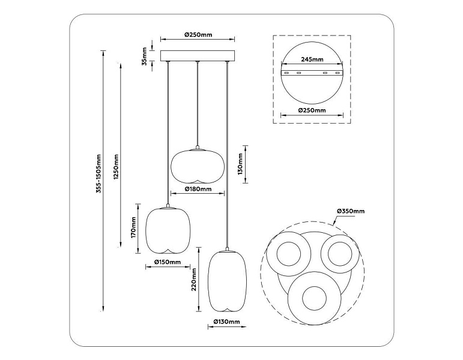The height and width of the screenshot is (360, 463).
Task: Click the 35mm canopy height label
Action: coord(144,56)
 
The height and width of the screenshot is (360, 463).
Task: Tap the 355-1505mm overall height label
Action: coord(98,174)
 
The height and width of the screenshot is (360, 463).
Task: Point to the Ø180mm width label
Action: coord(198,189)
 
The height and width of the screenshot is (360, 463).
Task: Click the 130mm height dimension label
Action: coord(240,164)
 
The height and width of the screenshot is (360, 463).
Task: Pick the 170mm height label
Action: coord(133,227)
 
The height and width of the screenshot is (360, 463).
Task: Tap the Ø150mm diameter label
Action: coord(168,262)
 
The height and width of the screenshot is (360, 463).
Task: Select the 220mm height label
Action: coord(194,280)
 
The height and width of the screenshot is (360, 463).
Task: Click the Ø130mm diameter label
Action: coord(226,322)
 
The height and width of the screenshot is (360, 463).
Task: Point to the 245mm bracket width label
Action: coord(312,59)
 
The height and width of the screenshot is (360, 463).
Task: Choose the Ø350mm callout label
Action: coord(351,211)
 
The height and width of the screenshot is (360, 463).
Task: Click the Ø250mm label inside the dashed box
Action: coord(312,110)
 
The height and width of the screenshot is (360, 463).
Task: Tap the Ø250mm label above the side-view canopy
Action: coord(198,35)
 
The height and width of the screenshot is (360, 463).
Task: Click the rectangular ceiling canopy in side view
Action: coord(198,56)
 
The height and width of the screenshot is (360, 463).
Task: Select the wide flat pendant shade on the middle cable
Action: coord(198,166)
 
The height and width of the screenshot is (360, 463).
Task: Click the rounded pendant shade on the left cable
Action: coord(168,231)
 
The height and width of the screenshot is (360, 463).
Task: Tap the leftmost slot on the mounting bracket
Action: coord(286,73)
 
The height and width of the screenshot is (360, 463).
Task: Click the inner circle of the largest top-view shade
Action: coord(314,299)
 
